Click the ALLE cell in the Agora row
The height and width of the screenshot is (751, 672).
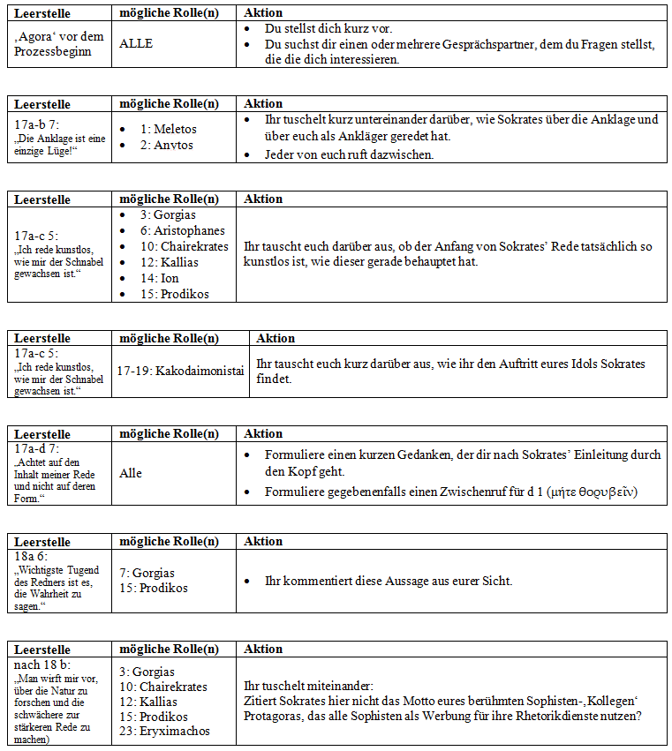[x=136, y=42]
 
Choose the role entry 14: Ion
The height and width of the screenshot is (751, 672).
[x=159, y=278]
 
